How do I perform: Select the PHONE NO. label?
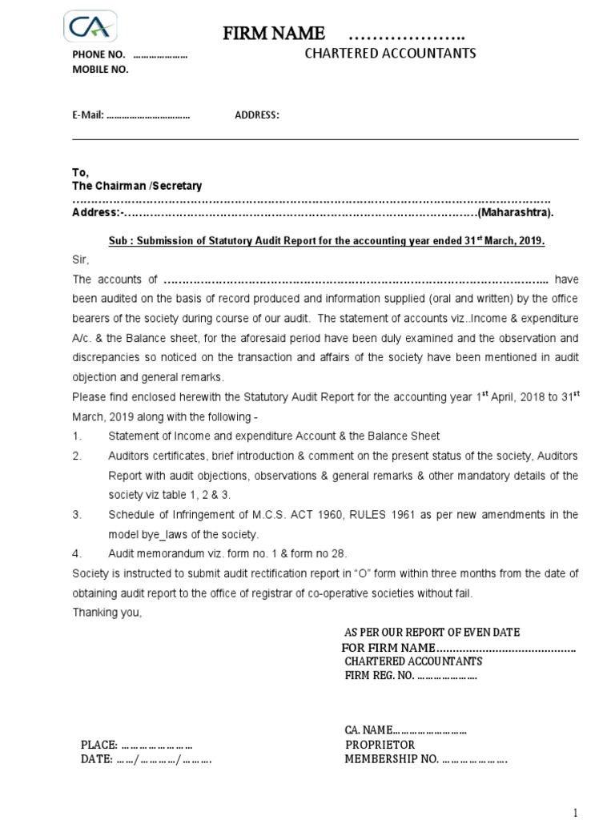click(x=99, y=55)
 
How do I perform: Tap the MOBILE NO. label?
click(x=100, y=69)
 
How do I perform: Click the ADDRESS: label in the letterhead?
click(x=257, y=115)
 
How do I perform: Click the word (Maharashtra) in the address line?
click(x=516, y=213)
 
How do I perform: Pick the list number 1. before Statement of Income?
click(x=77, y=436)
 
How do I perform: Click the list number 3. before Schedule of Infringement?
click(x=77, y=514)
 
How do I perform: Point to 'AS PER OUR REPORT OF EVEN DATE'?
click(x=432, y=632)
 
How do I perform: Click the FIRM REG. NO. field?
click(x=410, y=676)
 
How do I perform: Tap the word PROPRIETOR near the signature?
click(x=380, y=744)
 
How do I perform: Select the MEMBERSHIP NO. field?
click(x=425, y=759)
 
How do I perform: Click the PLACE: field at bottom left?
click(x=136, y=744)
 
